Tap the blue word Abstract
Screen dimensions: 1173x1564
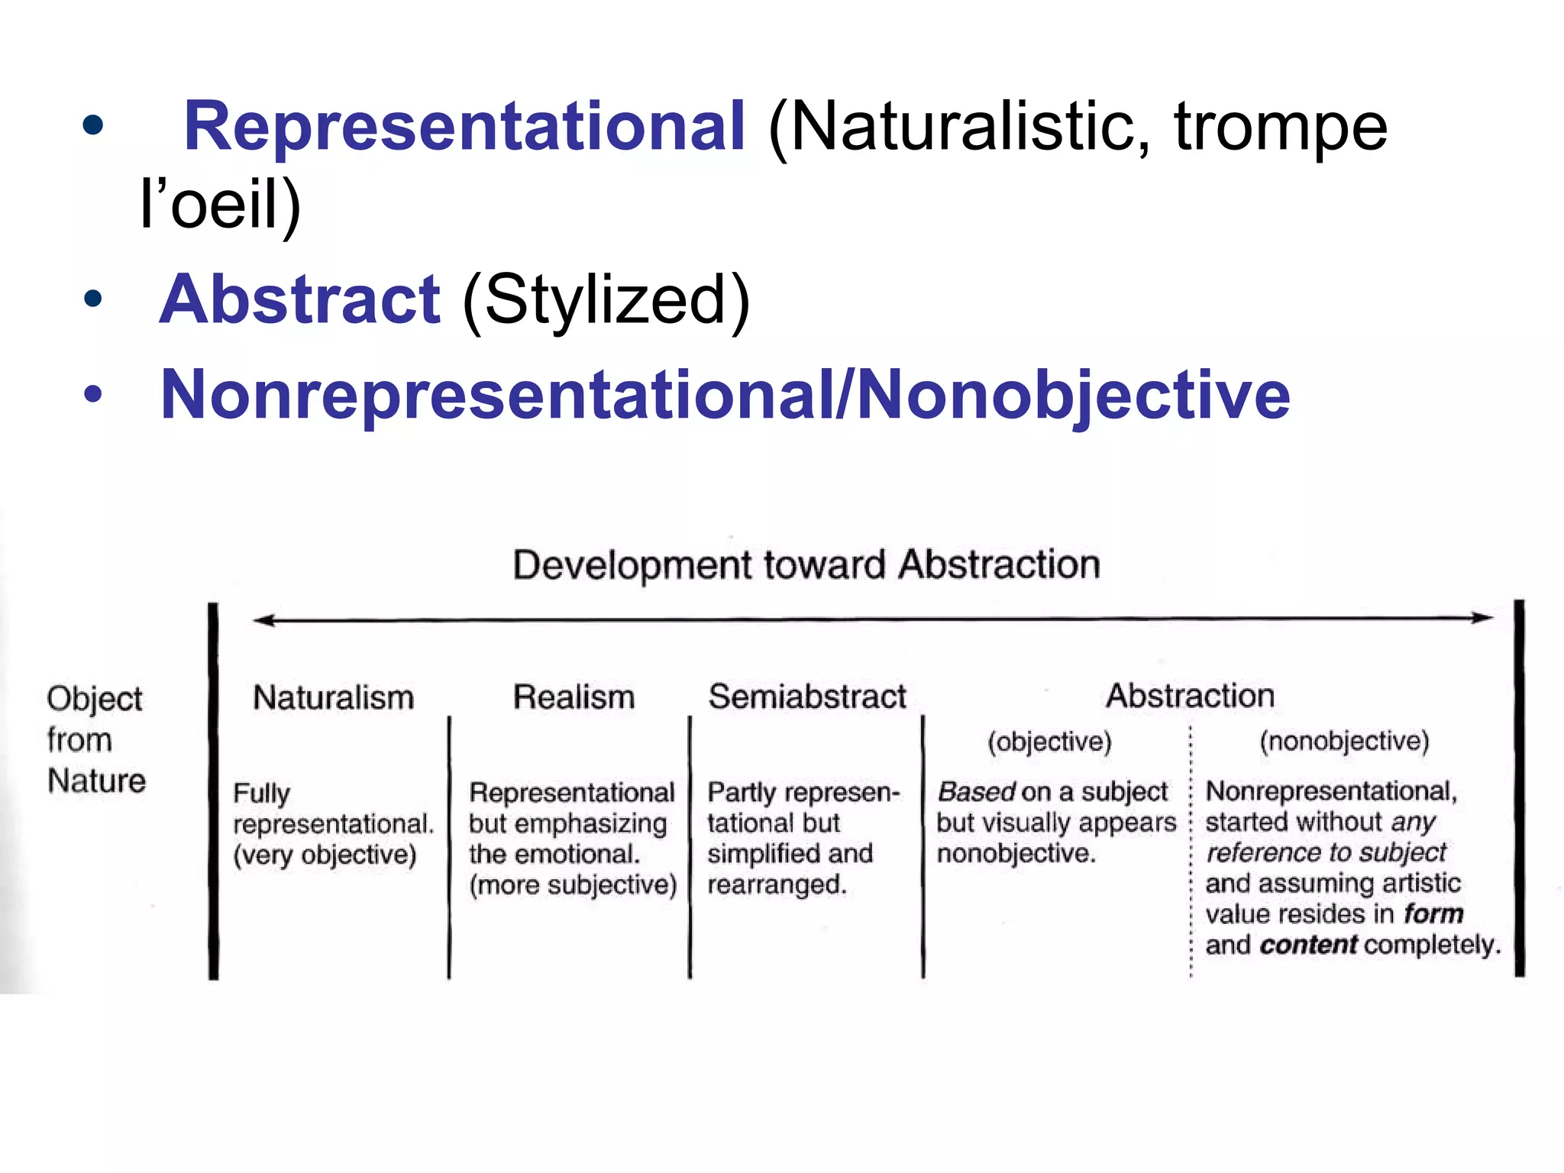299,299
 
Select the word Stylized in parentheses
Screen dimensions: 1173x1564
606,299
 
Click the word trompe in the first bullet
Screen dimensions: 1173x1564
1280,128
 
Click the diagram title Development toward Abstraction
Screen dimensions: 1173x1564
806,565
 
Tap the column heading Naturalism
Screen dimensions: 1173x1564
334,697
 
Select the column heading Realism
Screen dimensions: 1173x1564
574,697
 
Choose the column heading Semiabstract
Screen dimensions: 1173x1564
807,696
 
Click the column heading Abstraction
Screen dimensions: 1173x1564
1191,696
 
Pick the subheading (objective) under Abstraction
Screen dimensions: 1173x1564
1049,741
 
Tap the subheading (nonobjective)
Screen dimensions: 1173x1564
1344,740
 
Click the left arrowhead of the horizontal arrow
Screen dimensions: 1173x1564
263,620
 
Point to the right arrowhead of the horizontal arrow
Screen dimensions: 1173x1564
1483,617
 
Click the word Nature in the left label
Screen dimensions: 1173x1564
96,780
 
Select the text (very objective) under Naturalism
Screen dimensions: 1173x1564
325,855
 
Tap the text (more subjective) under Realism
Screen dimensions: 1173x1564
573,885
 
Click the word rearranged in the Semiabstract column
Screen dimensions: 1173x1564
776,884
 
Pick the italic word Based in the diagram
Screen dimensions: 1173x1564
976,792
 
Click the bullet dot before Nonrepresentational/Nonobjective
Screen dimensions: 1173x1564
93,395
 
